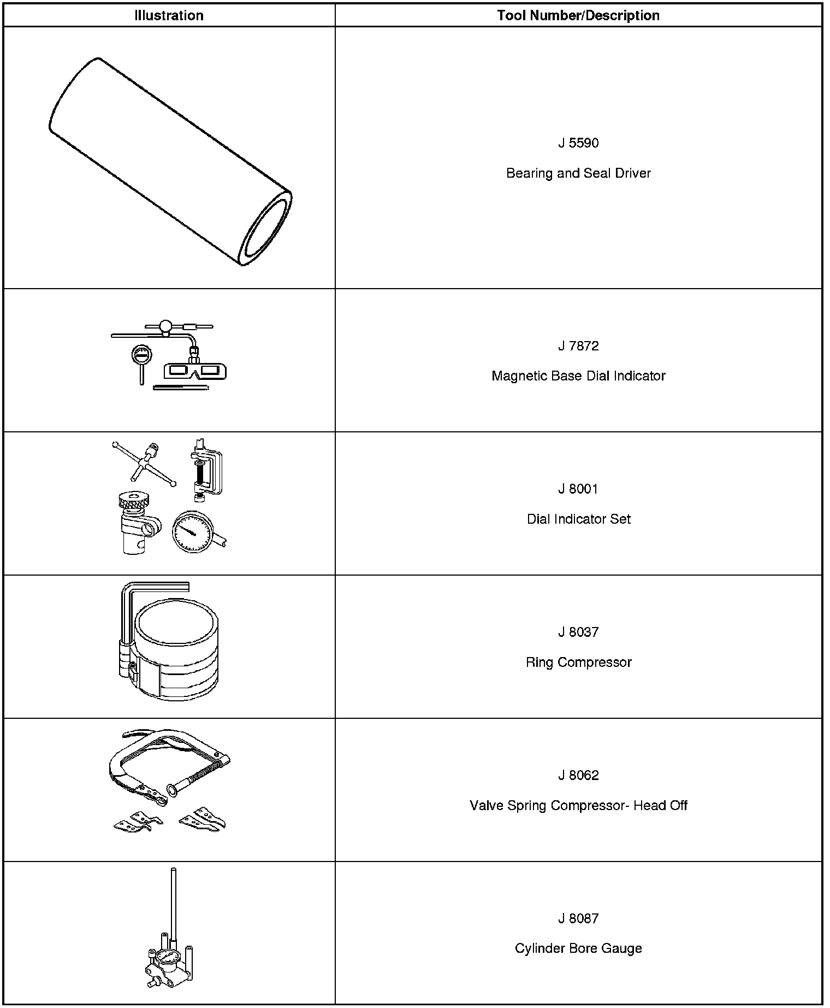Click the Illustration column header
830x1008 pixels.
(x=169, y=16)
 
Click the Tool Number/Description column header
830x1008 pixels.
(x=578, y=16)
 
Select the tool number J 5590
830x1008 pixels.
(x=578, y=143)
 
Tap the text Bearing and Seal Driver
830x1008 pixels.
(x=578, y=173)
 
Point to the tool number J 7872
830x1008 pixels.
(x=578, y=346)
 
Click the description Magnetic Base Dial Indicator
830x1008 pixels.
(x=578, y=376)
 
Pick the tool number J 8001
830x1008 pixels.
(x=578, y=489)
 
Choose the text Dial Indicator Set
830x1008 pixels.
(x=578, y=519)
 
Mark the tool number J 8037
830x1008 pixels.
(x=578, y=632)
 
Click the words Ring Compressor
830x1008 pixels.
(x=578, y=663)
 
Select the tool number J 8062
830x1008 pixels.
(x=578, y=776)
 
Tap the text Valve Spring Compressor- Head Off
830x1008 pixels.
(x=578, y=806)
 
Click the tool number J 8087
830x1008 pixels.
(x=578, y=919)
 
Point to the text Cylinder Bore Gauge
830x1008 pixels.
(x=578, y=949)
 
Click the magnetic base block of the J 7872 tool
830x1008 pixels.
(x=195, y=371)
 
